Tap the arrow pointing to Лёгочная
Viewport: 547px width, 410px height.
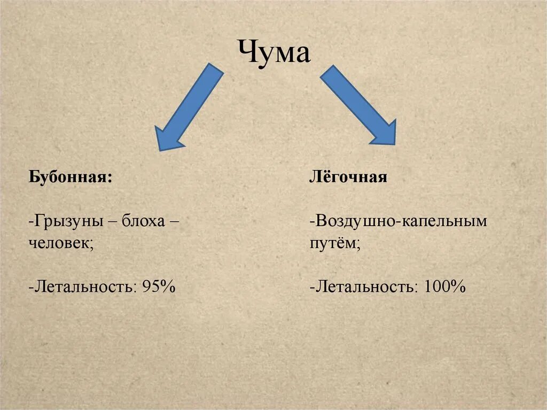358,105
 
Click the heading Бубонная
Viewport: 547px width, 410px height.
69,177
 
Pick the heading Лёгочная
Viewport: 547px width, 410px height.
348,177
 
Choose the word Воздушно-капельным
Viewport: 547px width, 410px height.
400,221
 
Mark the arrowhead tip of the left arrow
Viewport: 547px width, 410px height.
160,149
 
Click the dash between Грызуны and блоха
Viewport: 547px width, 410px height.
114,221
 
